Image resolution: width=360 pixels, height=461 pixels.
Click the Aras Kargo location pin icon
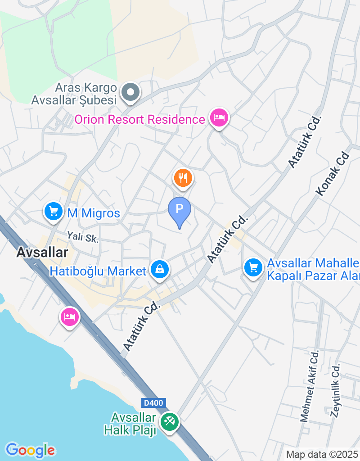pos(130,93)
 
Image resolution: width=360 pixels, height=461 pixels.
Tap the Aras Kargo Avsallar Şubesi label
pos(74,94)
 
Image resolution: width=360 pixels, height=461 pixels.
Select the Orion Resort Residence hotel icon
pos(219,118)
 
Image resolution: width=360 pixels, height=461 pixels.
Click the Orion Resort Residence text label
pos(139,120)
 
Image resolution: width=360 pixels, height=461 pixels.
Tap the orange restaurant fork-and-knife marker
pos(183,178)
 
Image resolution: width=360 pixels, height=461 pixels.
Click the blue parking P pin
pos(180,210)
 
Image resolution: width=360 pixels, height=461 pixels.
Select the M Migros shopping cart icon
pos(54,211)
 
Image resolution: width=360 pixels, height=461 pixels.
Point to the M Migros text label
pos(94,213)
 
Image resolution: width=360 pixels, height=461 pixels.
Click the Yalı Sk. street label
pos(82,236)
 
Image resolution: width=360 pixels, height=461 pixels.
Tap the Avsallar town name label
pos(42,253)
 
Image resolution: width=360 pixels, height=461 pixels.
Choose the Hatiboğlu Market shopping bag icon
pos(159,269)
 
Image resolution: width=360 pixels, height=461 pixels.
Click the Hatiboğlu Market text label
pos(98,271)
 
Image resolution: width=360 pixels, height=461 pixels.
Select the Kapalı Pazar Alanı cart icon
pos(253,268)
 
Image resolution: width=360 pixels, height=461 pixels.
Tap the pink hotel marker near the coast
pos(70,316)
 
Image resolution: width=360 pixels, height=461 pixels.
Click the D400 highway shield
pos(153,403)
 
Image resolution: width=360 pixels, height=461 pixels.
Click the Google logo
pos(30,450)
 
